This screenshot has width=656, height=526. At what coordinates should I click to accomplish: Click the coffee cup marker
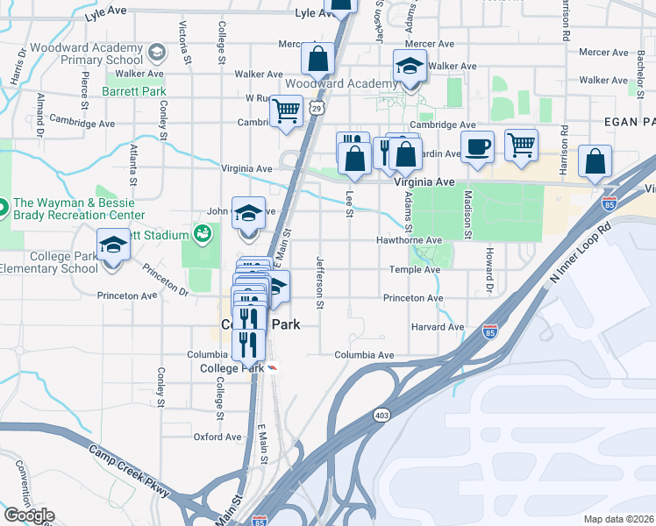click(478, 146)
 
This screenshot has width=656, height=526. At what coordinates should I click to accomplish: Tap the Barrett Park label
click(133, 89)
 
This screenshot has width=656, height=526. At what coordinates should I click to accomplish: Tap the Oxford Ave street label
click(217, 437)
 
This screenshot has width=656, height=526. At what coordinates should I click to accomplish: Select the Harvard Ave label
click(437, 327)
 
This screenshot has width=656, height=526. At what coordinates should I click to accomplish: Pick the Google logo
click(29, 515)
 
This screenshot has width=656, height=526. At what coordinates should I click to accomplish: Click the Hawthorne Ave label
click(409, 239)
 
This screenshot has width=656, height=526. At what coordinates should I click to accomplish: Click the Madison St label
click(468, 215)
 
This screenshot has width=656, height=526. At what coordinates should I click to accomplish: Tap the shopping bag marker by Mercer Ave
click(318, 59)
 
